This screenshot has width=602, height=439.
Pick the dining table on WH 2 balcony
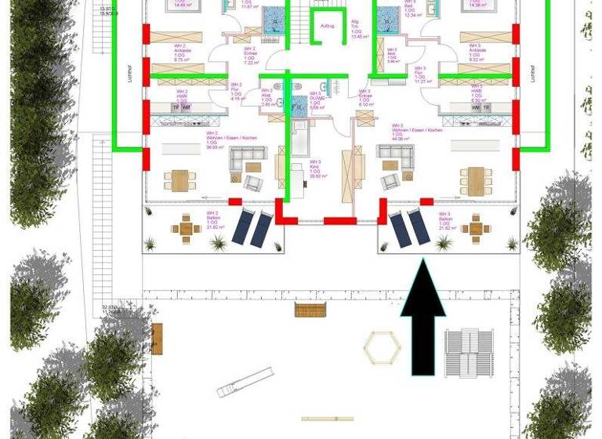(187, 229)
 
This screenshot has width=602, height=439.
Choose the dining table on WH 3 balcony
(477, 229)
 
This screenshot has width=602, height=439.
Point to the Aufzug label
(327, 26)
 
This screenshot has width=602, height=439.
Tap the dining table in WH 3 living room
(475, 178)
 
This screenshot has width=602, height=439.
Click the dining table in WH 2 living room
(181, 180)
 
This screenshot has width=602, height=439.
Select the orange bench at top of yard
(310, 310)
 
